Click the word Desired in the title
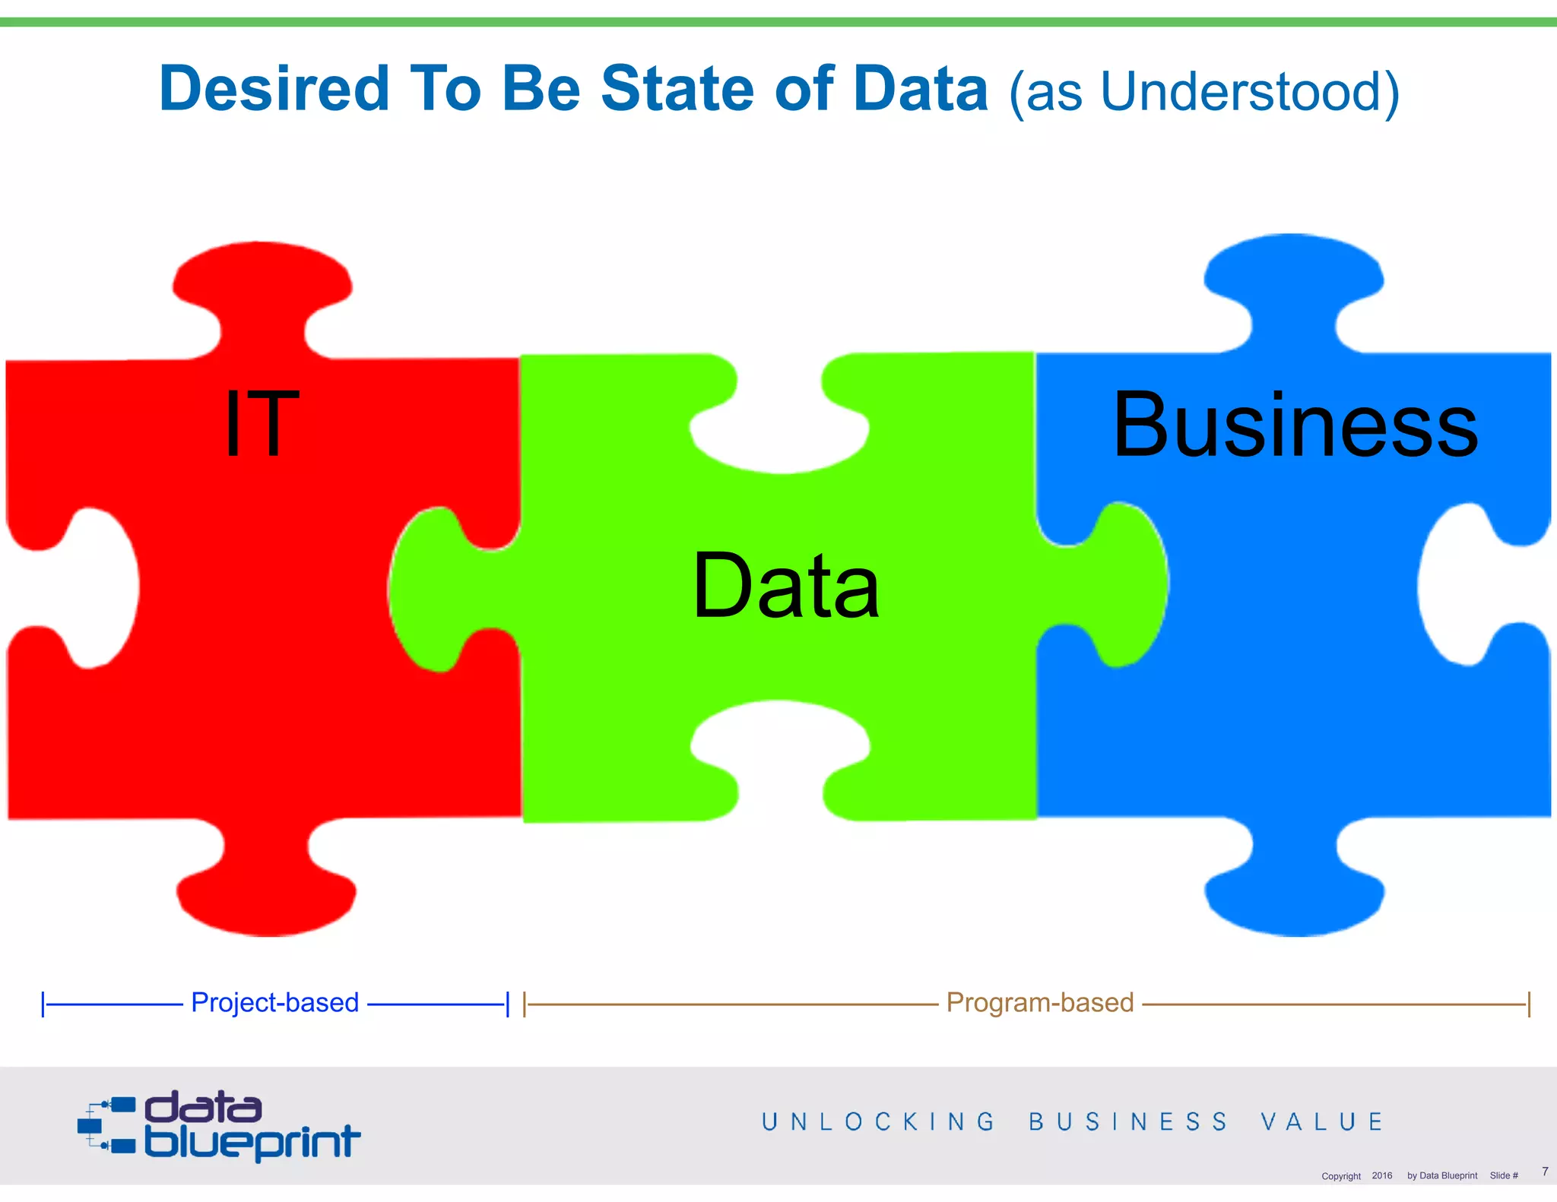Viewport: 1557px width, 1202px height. pos(274,89)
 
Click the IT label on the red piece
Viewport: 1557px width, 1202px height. pos(262,423)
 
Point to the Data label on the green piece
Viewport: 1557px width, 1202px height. pos(786,586)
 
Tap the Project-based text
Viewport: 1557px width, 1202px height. pos(274,1003)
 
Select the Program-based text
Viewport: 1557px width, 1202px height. pos(1039,1003)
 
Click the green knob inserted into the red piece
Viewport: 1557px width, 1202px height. pos(433,589)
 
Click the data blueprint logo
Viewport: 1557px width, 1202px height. pos(219,1126)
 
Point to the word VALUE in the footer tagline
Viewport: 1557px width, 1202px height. pos(1322,1121)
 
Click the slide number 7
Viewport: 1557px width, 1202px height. pos(1545,1172)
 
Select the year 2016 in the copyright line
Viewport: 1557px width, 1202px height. pos(1381,1175)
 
